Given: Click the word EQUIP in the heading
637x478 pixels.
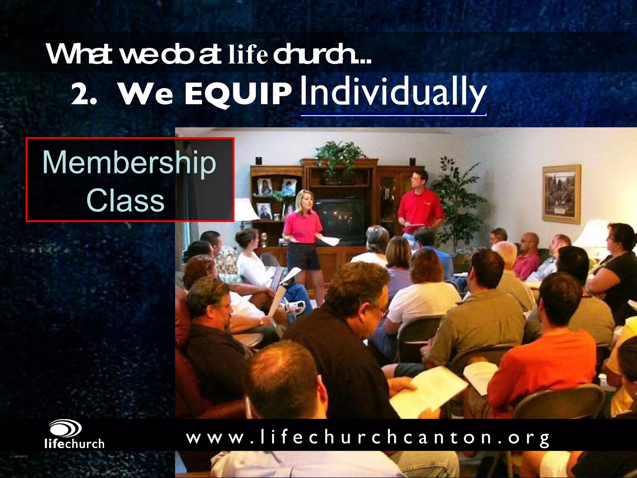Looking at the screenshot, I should [238, 94].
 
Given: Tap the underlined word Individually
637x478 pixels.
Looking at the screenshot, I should [393, 92].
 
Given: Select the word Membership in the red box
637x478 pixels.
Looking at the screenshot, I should [129, 163].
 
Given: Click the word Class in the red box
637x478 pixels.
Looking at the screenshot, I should [125, 200].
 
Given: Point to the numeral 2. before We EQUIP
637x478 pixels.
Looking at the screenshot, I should [83, 94].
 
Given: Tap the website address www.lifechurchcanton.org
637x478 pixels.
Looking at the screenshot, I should [368, 438].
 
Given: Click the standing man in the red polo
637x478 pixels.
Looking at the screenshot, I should [420, 205].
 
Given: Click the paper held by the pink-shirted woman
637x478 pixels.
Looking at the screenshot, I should [331, 241].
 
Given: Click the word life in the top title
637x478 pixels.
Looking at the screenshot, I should [248, 55].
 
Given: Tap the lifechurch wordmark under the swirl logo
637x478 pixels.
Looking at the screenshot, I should [74, 444].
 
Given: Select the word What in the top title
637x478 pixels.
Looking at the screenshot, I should [79, 54].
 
